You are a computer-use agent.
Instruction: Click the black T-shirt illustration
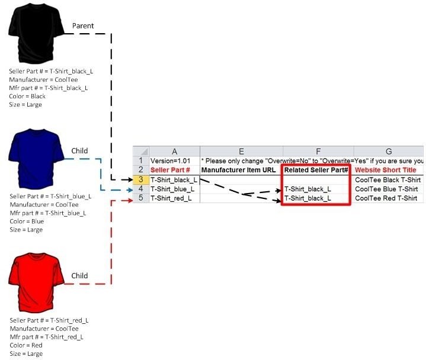point(36,33)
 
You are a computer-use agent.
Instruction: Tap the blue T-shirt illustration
point(36,159)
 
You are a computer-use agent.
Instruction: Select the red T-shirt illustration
point(36,283)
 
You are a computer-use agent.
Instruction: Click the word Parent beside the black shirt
point(83,26)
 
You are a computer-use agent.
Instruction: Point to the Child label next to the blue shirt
point(79,150)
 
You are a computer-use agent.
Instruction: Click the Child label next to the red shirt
point(79,275)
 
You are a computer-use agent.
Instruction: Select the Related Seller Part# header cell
point(316,170)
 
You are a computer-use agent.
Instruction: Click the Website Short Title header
point(386,170)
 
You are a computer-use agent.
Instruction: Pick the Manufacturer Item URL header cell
point(238,170)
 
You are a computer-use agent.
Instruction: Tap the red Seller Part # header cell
point(170,170)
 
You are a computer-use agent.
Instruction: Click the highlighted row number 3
point(141,180)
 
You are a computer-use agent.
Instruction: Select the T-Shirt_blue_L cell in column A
point(172,189)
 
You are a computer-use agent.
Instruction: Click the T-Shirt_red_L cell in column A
point(171,198)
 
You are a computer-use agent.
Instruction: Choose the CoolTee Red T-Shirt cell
point(386,198)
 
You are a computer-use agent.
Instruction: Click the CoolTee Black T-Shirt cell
point(387,180)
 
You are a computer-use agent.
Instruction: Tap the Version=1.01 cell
point(171,160)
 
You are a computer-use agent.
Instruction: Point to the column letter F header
point(318,151)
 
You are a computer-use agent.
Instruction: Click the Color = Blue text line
point(27,221)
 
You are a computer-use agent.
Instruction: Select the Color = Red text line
point(26,345)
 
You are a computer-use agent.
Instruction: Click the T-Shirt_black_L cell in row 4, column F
point(308,189)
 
